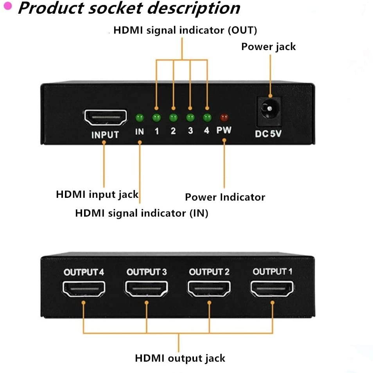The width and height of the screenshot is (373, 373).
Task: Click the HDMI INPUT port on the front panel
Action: (105, 117)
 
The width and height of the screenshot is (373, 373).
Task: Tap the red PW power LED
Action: (224, 117)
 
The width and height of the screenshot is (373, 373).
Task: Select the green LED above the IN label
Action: (139, 117)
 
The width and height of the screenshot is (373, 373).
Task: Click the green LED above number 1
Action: (156, 117)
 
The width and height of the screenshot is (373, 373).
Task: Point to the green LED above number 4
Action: (207, 117)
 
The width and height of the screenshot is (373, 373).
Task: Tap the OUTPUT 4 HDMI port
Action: (83, 289)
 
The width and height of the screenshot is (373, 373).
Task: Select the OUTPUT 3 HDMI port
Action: (147, 289)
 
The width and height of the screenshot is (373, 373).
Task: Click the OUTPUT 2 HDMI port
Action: (209, 289)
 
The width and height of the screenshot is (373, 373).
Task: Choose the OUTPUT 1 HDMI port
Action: (273, 289)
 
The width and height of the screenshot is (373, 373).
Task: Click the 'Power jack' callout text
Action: (268, 47)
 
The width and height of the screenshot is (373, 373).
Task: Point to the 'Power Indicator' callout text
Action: (225, 197)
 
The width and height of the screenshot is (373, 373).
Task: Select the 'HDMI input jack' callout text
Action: (97, 194)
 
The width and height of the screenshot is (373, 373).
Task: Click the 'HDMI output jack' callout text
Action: (180, 358)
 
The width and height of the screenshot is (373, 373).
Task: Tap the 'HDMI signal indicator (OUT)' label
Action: (185, 30)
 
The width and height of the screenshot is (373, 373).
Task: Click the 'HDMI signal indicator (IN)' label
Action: (142, 213)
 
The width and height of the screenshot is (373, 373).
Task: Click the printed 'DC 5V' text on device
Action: (268, 134)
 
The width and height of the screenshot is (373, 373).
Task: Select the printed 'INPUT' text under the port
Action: (105, 135)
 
